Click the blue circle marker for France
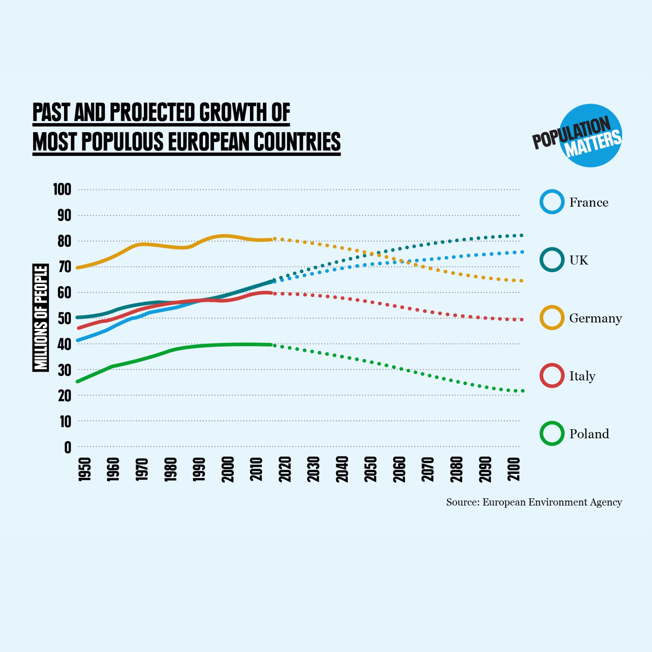tap(552, 202)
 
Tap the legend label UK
tap(578, 260)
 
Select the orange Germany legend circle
tap(552, 318)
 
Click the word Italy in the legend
tap(582, 376)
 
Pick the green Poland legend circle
tap(552, 434)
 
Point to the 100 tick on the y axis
tap(62, 189)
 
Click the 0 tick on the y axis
tap(68, 448)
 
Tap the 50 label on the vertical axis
tap(64, 318)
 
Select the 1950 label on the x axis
tap(84, 469)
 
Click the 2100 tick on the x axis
tap(514, 469)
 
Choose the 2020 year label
tap(285, 469)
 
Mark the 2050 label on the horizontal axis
tap(371, 469)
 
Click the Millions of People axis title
tap(41, 318)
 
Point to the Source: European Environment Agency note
tap(534, 502)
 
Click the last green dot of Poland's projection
tap(522, 391)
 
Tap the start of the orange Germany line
tap(78, 268)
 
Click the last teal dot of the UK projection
tap(522, 235)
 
